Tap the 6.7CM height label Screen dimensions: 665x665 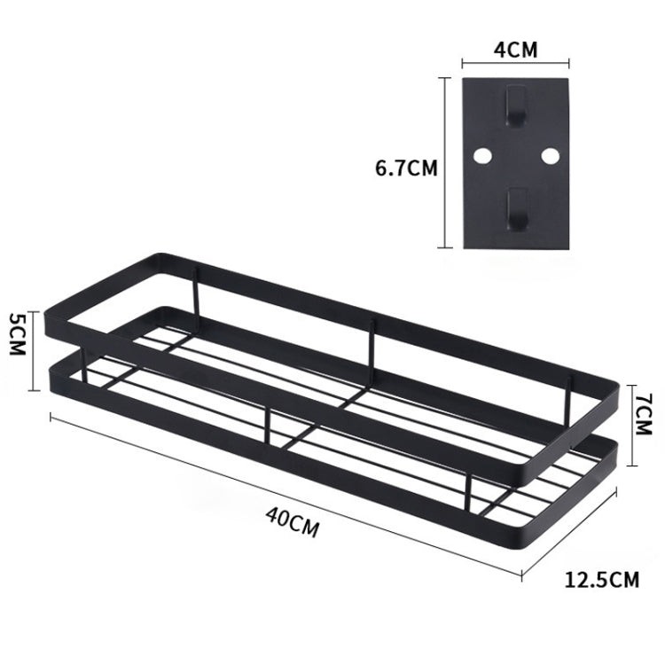(406, 167)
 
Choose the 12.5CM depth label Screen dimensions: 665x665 (602, 581)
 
